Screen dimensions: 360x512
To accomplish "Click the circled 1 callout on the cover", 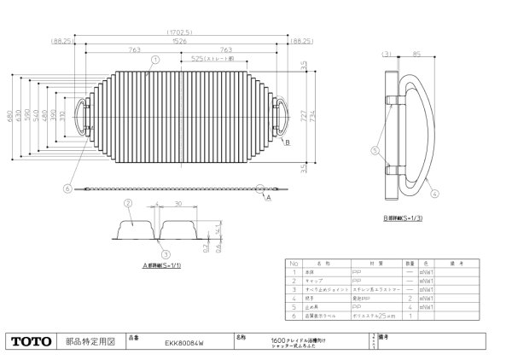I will point(155,61).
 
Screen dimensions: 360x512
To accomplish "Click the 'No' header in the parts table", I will point(294,264).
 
